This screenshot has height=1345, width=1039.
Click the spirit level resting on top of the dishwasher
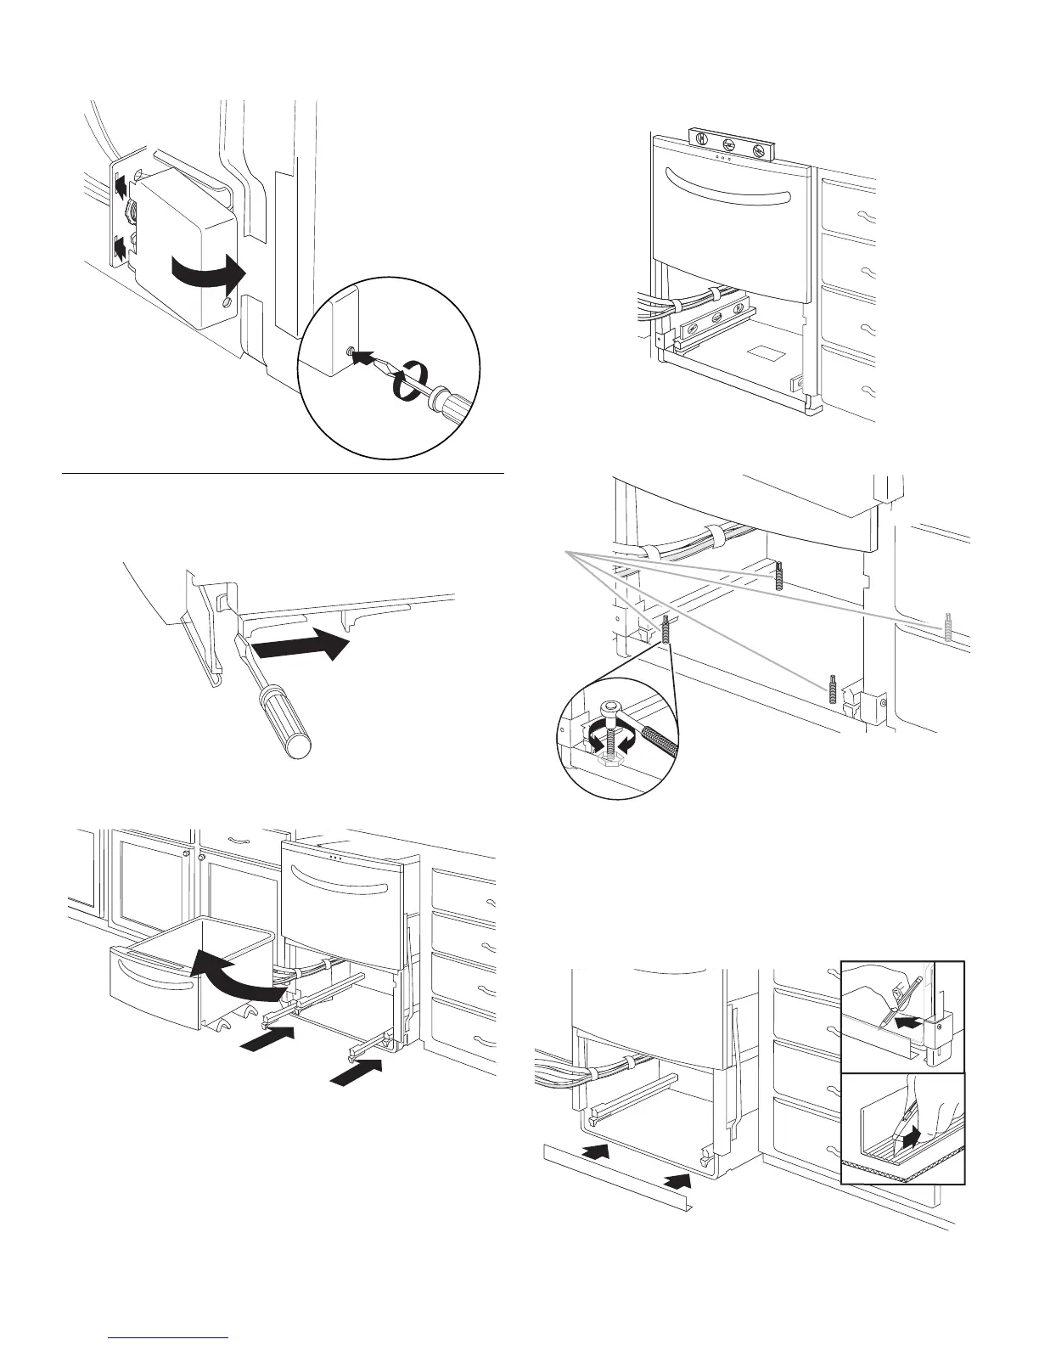pyautogui.click(x=728, y=144)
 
